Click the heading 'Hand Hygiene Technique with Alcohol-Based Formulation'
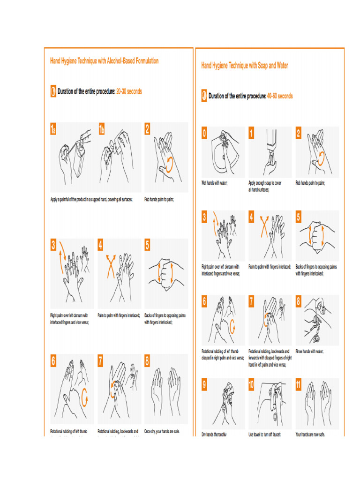[x=104, y=61]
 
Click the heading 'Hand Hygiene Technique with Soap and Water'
[x=244, y=66]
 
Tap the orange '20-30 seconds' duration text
[x=129, y=91]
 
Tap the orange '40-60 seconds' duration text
[x=280, y=96]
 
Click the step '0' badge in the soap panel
[x=204, y=134]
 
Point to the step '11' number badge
[x=299, y=385]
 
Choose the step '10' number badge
[x=252, y=385]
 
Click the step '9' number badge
[x=204, y=385]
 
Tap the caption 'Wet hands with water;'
[x=214, y=183]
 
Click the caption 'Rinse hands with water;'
[x=309, y=351]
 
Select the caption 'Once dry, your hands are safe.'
[x=162, y=431]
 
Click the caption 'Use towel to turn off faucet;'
[x=264, y=435]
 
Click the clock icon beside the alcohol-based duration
[x=53, y=91]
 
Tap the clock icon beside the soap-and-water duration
[x=204, y=96]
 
